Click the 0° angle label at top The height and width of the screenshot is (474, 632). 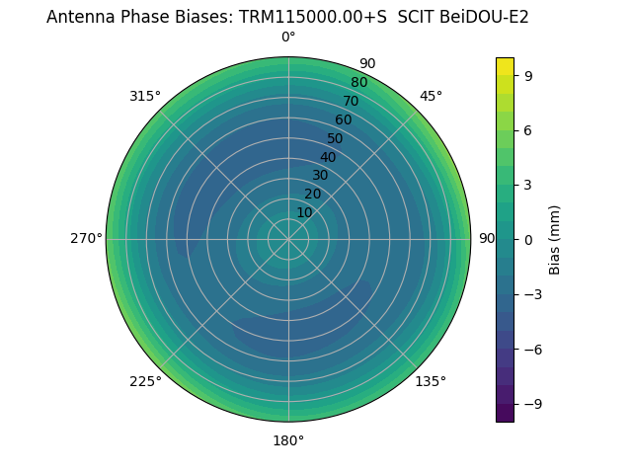click(288, 38)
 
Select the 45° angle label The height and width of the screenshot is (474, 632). click(431, 96)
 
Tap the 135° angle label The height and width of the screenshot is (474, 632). click(431, 381)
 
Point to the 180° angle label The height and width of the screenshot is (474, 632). click(288, 440)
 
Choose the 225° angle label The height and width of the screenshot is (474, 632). click(145, 381)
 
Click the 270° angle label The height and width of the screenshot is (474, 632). click(86, 239)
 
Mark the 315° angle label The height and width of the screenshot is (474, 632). click(145, 96)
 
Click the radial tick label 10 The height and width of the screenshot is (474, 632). click(304, 212)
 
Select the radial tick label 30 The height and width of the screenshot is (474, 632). click(320, 176)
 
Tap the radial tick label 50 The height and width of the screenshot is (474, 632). click(336, 139)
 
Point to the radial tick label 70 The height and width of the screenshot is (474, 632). click(352, 102)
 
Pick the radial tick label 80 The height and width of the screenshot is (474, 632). click(358, 83)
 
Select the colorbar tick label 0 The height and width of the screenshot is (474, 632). click(530, 240)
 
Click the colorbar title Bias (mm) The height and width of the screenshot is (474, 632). click(555, 239)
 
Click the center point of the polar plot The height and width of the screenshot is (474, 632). click(288, 239)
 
